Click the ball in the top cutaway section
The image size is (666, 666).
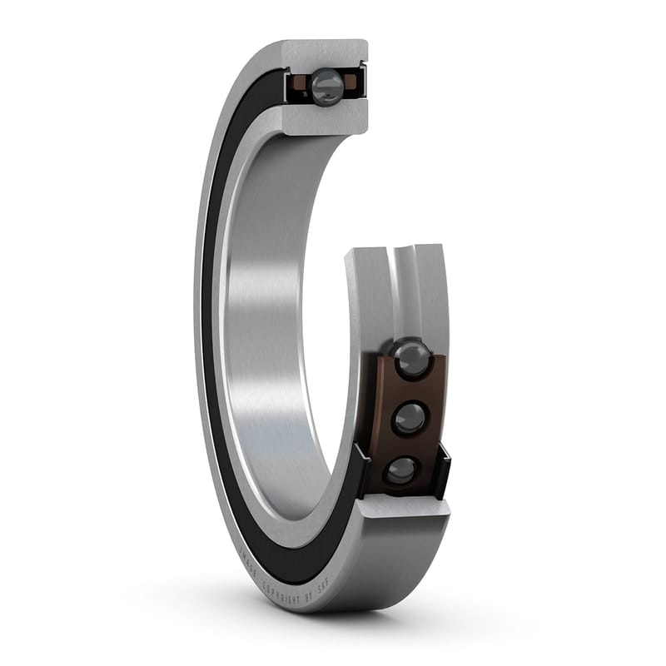(x=326, y=84)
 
